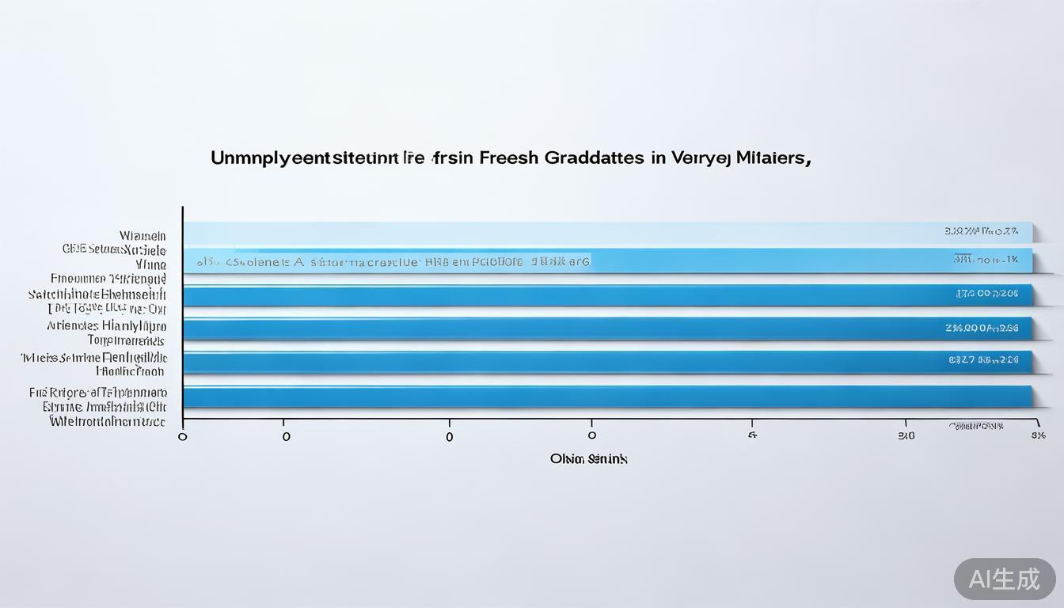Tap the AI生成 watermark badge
click(1005, 579)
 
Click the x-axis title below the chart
click(588, 458)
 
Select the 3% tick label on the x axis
click(1038, 435)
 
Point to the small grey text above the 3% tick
click(976, 426)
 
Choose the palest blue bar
click(608, 233)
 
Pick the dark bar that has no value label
click(608, 397)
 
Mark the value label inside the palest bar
click(981, 232)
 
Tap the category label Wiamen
click(142, 236)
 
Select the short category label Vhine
click(150, 264)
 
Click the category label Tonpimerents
click(126, 340)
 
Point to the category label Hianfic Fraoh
click(130, 370)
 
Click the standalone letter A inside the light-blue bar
click(299, 260)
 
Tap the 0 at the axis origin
click(183, 436)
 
